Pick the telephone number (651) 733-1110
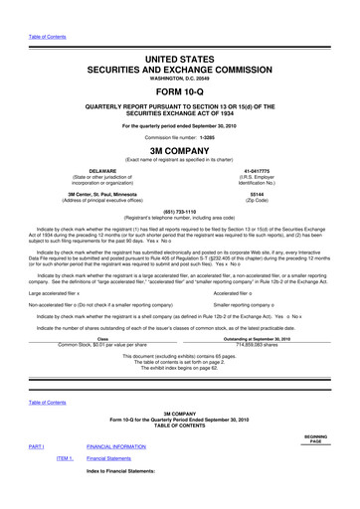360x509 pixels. [x=180, y=238]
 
